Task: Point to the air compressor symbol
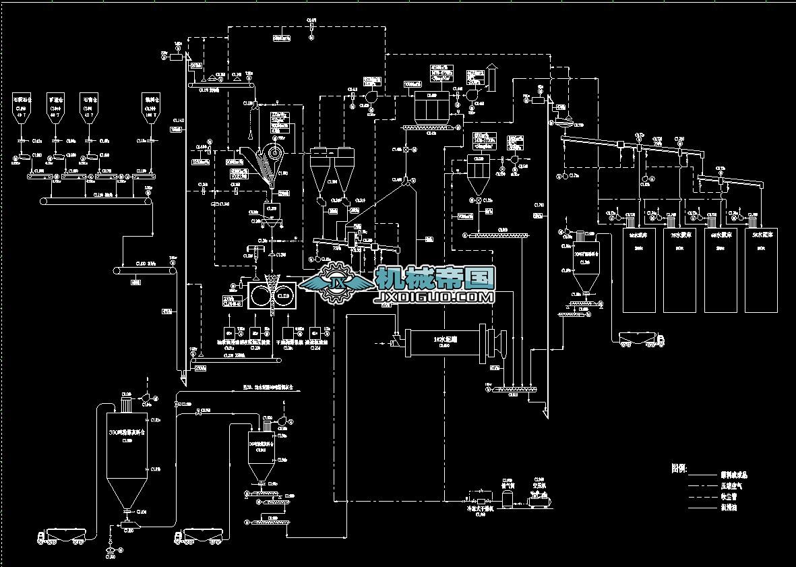tap(539, 500)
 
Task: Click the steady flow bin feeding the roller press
tap(272, 216)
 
